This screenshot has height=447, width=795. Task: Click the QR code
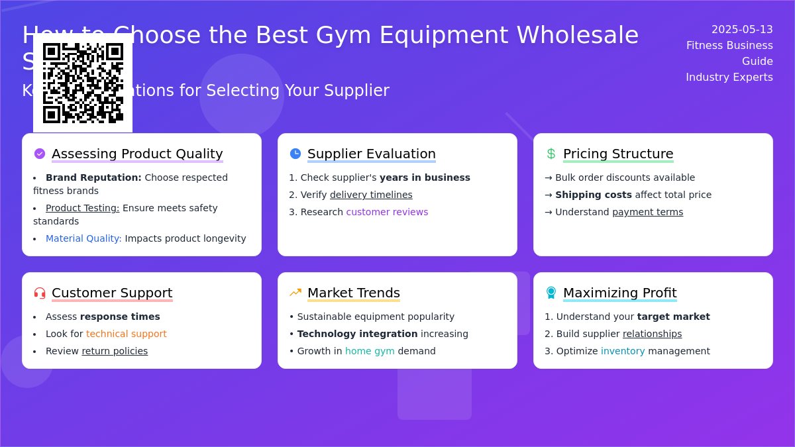(x=83, y=83)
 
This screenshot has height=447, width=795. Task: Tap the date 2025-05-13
(x=741, y=29)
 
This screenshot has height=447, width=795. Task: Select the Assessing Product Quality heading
(x=137, y=154)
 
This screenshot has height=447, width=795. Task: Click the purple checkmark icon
(x=40, y=154)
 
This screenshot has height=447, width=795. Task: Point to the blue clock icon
(x=295, y=154)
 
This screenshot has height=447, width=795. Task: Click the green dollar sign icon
(x=551, y=154)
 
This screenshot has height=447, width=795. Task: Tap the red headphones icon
(x=40, y=293)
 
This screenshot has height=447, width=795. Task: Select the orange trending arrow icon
(x=295, y=293)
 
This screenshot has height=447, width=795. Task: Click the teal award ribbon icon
(x=551, y=293)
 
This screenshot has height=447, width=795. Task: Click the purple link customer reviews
(x=387, y=212)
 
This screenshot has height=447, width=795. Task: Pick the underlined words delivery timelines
(x=371, y=195)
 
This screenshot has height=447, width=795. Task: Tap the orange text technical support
(x=126, y=334)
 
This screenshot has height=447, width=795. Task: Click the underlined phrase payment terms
(x=647, y=212)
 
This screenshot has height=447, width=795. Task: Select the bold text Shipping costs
(x=594, y=195)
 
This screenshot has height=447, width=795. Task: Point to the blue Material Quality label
(x=83, y=238)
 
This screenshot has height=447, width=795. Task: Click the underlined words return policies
(x=115, y=351)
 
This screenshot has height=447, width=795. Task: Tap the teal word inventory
(x=623, y=351)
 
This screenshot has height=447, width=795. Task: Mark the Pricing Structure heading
(x=618, y=154)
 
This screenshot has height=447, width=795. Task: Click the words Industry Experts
(x=729, y=77)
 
